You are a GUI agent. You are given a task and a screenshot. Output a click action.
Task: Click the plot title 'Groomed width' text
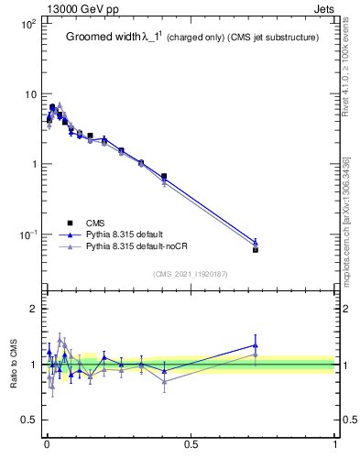(x=101, y=38)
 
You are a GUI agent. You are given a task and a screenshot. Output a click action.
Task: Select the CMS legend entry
(x=93, y=223)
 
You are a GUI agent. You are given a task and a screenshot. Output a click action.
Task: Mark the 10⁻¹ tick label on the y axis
(x=27, y=234)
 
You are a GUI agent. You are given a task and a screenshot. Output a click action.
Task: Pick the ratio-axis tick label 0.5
(x=28, y=420)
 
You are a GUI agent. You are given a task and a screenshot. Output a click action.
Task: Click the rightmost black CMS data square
(x=256, y=249)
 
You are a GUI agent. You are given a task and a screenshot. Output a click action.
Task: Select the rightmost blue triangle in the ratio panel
(x=256, y=345)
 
